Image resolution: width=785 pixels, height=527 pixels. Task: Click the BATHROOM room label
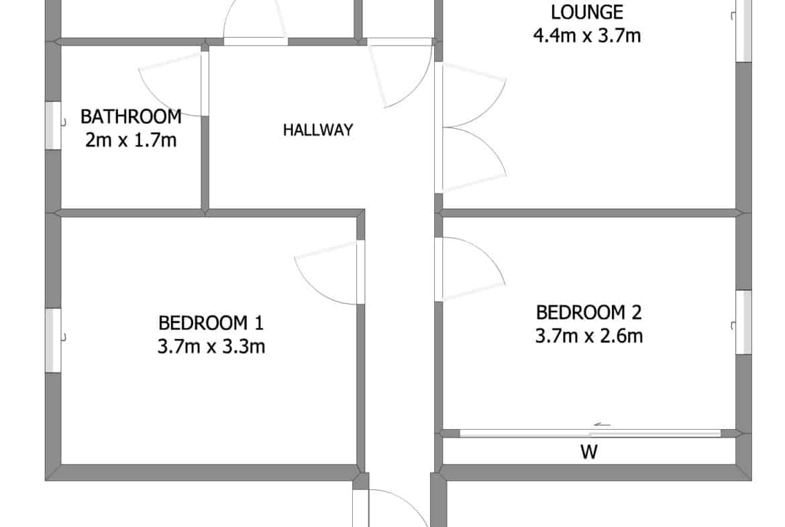131,117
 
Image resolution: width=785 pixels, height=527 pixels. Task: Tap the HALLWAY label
318,130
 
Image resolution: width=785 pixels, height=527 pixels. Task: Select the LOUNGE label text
587,12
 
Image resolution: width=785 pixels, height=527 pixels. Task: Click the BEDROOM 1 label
211,323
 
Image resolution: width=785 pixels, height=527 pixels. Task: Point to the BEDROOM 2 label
589,313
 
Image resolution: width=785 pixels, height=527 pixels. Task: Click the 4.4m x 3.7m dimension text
587,36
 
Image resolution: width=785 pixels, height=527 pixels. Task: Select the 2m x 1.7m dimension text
131,140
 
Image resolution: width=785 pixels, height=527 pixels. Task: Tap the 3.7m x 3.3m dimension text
211,346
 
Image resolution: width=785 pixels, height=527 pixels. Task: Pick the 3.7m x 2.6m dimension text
589,336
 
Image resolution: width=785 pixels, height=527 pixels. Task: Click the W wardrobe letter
589,452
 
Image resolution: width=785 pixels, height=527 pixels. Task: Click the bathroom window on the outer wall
54,126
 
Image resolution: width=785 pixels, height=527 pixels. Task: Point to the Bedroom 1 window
54,340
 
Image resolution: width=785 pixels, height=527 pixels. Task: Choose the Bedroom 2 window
743,322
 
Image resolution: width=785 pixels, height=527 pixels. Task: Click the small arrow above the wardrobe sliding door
603,425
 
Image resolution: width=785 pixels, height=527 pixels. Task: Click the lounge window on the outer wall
743,30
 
